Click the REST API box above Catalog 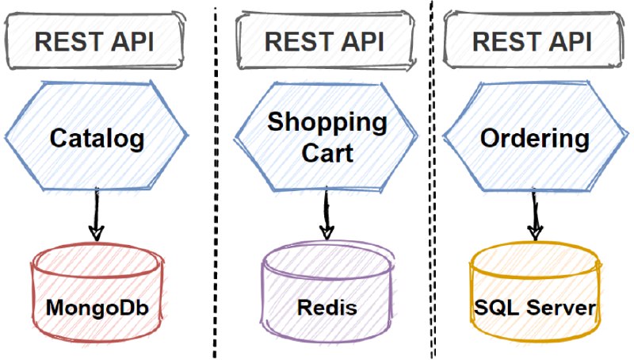coord(95,40)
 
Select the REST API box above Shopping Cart coord(326,40)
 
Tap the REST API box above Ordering coord(533,40)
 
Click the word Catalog coord(97,139)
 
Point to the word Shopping coord(327,123)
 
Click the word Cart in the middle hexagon coord(327,153)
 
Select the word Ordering coord(534,139)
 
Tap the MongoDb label coord(97,308)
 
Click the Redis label coord(327,308)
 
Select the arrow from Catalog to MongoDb coord(96,214)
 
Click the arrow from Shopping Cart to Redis coord(327,213)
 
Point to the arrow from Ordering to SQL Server coord(535,214)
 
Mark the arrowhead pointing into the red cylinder coord(96,233)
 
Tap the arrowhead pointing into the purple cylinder coord(327,232)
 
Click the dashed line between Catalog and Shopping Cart coord(215,182)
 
